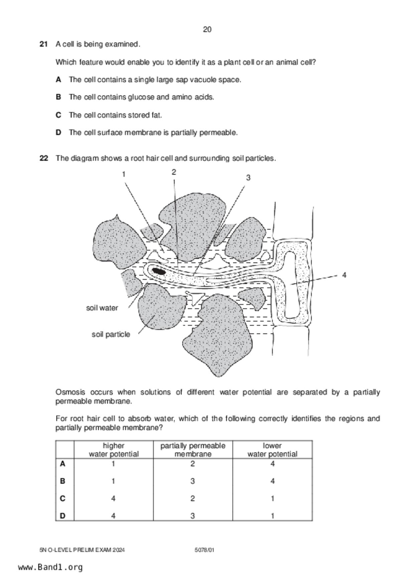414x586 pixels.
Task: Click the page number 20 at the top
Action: click(207, 30)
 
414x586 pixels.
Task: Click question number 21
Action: click(43, 44)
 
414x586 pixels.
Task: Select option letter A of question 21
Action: click(58, 80)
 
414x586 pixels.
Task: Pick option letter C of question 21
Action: click(58, 115)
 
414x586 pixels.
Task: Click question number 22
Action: click(43, 158)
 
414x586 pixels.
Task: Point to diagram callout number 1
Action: click(124, 174)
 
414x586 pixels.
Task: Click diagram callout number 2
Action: click(174, 172)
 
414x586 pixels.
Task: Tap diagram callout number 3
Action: click(248, 178)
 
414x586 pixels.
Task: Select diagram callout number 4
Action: click(344, 275)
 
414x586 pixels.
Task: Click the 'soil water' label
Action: click(102, 308)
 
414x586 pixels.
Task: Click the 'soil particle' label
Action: click(111, 334)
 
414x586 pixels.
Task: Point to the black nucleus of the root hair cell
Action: click(159, 271)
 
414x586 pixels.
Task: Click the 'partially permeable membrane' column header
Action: click(193, 450)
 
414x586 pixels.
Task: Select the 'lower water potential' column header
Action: click(272, 450)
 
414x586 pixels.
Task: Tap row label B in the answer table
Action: click(62, 481)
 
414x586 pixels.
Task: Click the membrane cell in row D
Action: click(193, 516)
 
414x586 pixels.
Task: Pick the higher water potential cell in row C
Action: click(113, 498)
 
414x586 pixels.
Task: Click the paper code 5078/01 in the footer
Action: click(204, 550)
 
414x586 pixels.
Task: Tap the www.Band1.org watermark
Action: click(50, 567)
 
